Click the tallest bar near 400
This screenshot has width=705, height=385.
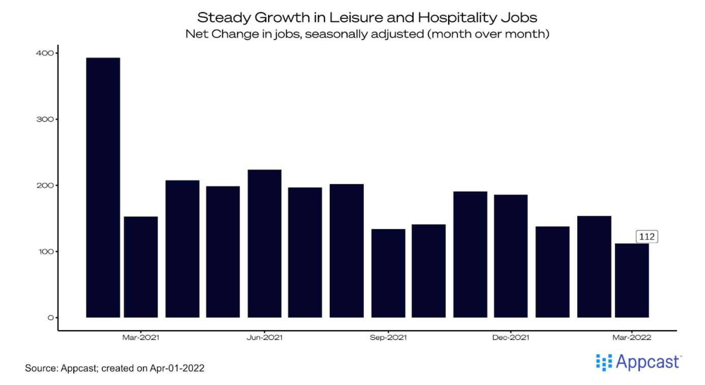pos(103,187)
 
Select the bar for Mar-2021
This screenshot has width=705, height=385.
pos(141,267)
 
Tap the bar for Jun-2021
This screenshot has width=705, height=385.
pos(265,243)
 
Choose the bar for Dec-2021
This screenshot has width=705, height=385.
pos(511,256)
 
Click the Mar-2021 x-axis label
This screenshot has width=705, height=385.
pos(141,338)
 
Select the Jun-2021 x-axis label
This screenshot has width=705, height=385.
pos(265,338)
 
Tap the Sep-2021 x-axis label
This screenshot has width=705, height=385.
pos(388,338)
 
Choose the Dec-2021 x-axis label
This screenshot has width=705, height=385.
pos(511,338)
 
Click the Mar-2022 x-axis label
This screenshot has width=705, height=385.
pos(632,338)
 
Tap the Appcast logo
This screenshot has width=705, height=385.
pos(638,362)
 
